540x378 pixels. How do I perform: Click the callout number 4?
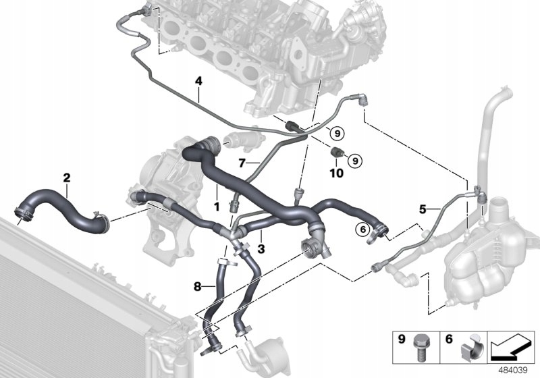[x=198, y=81]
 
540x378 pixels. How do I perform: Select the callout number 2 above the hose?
[x=66, y=178]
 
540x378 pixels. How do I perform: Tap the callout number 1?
[x=217, y=207]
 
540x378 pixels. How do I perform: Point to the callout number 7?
[x=242, y=163]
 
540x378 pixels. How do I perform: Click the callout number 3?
[x=261, y=248]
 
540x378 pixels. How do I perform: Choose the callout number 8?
[x=197, y=286]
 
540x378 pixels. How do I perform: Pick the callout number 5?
[x=423, y=209]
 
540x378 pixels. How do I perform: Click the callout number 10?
[x=336, y=173]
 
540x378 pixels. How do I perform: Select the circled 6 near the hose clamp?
[x=362, y=230]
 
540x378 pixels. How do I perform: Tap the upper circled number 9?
[x=337, y=133]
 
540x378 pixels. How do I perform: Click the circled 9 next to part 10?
[x=355, y=161]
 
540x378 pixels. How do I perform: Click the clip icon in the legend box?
[x=470, y=349]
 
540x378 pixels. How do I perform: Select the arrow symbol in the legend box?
[x=511, y=346]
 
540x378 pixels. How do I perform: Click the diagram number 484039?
[x=513, y=371]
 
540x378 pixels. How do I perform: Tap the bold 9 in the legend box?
[x=402, y=339]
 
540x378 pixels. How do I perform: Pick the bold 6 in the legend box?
[x=449, y=339]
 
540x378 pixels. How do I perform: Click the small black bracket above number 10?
[x=336, y=152]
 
